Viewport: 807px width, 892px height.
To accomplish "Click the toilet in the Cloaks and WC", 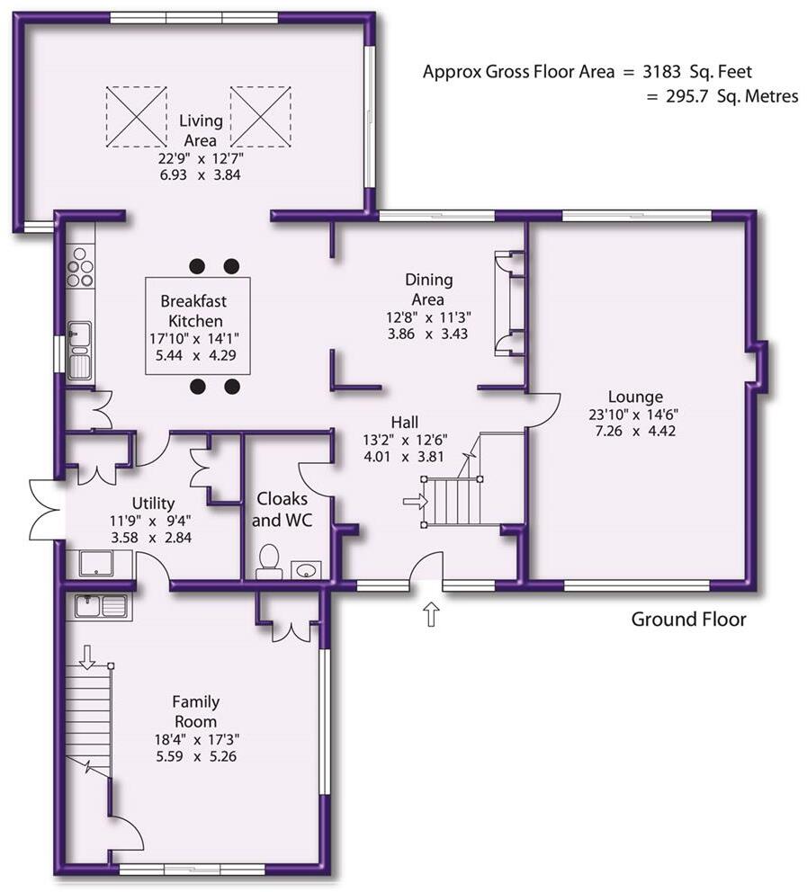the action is click(x=268, y=561).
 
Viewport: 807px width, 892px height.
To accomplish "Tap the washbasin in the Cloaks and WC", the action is click(x=307, y=570).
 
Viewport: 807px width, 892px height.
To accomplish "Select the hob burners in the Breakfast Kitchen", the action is click(x=80, y=267).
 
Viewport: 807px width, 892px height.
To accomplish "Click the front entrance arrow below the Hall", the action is click(x=431, y=613).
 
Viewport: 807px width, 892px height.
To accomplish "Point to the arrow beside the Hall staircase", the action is click(x=415, y=502).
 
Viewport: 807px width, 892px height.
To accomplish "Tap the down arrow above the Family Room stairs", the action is click(x=87, y=656).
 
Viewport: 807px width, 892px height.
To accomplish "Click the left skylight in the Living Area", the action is click(x=136, y=117).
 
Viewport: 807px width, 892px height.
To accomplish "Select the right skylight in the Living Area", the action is click(x=261, y=117).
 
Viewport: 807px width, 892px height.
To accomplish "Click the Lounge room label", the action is click(x=635, y=397).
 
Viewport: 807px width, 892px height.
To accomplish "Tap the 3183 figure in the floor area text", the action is click(x=662, y=72).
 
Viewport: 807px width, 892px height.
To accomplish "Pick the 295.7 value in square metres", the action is click(x=687, y=96).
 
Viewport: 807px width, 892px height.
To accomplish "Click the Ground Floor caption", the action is click(x=688, y=619).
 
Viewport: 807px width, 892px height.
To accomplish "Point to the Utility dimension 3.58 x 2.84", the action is click(x=151, y=538).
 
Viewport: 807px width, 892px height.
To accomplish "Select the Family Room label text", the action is click(x=195, y=711).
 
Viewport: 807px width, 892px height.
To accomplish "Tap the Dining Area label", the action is click(x=428, y=290).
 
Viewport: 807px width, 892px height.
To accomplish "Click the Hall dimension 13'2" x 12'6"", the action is click(x=405, y=440).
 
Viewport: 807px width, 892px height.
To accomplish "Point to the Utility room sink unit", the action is click(x=97, y=563).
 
